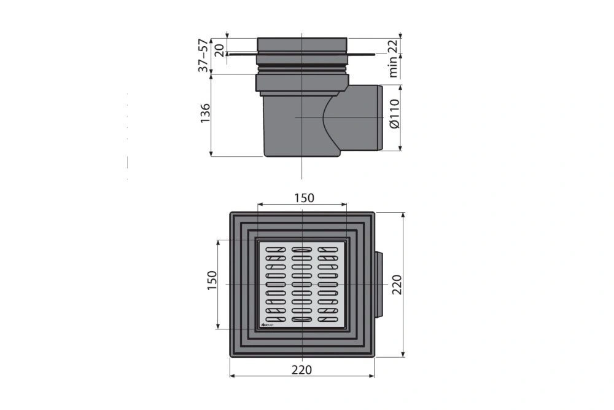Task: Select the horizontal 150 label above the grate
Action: tap(303, 197)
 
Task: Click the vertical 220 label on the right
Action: tap(396, 285)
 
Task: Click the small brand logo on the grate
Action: tap(268, 321)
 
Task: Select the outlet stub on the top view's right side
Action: tap(380, 285)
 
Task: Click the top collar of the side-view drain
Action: tap(302, 44)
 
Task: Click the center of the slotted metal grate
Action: tap(303, 285)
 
